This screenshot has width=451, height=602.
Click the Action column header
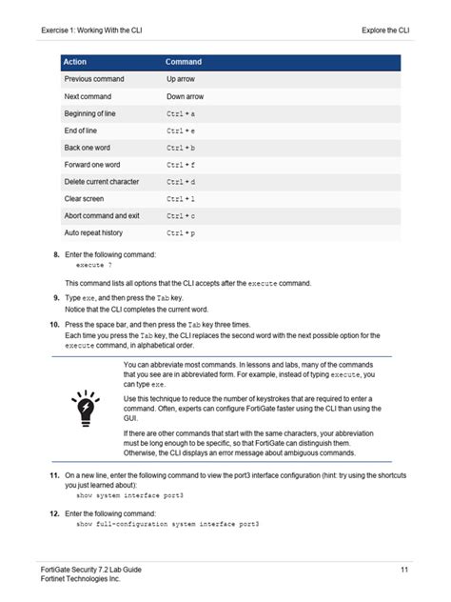pyautogui.click(x=74, y=62)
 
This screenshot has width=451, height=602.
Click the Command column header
pyautogui.click(x=184, y=62)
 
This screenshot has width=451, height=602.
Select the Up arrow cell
pyautogui.click(x=180, y=79)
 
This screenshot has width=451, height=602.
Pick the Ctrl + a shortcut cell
pyautogui.click(x=181, y=113)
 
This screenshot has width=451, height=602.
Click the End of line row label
pyautogui.click(x=83, y=130)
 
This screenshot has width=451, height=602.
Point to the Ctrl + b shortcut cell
pyautogui.click(x=181, y=148)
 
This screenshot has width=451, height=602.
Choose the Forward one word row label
pyautogui.click(x=91, y=165)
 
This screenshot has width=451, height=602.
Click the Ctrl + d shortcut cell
pyautogui.click(x=181, y=181)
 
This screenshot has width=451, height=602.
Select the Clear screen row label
pyautogui.click(x=84, y=198)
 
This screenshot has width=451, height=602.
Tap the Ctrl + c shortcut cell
pyautogui.click(x=181, y=215)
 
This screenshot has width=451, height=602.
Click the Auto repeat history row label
pyautogui.click(x=93, y=232)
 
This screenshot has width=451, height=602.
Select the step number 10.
pyautogui.click(x=53, y=325)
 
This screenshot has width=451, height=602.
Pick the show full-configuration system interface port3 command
pyautogui.click(x=167, y=525)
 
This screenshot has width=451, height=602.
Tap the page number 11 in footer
pyautogui.click(x=404, y=569)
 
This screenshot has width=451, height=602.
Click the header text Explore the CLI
pyautogui.click(x=385, y=30)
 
